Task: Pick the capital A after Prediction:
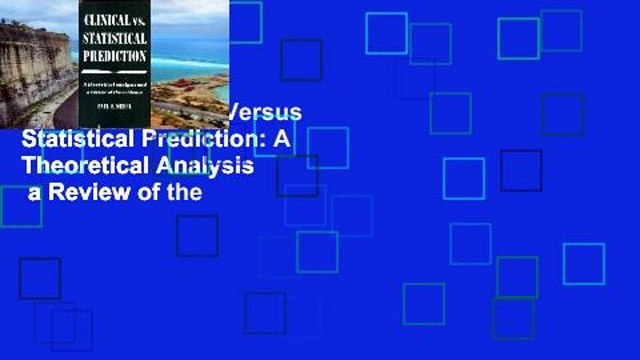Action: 282,139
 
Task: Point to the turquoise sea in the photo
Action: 201,65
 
